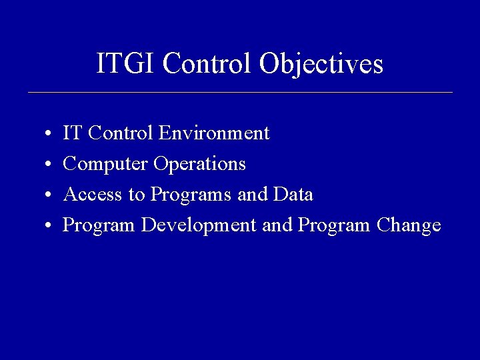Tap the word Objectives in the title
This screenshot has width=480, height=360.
coord(321,65)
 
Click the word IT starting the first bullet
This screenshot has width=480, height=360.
coord(72,133)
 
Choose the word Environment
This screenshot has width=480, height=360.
coord(214,133)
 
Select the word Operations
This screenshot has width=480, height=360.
coord(200,165)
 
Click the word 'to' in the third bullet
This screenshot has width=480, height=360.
coord(137,195)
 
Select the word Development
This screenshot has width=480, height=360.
coord(199,226)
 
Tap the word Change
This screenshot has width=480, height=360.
coord(409,226)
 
